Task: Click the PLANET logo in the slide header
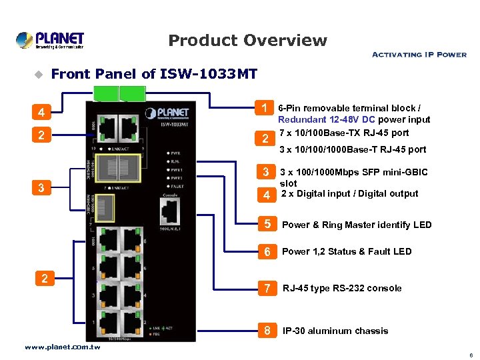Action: (x=50, y=40)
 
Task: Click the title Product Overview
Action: (x=247, y=41)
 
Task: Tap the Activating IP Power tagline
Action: (x=419, y=55)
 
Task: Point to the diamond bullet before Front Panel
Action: (x=38, y=74)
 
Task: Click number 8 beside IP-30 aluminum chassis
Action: (x=267, y=331)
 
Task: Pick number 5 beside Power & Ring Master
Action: (x=267, y=224)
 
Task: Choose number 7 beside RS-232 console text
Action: (x=267, y=288)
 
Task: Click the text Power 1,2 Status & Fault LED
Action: (x=347, y=251)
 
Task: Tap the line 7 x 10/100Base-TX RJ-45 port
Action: (x=344, y=133)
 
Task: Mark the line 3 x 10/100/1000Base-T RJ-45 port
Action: (x=353, y=149)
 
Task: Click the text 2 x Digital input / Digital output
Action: (x=350, y=194)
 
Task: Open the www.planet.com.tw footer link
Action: (x=62, y=347)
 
